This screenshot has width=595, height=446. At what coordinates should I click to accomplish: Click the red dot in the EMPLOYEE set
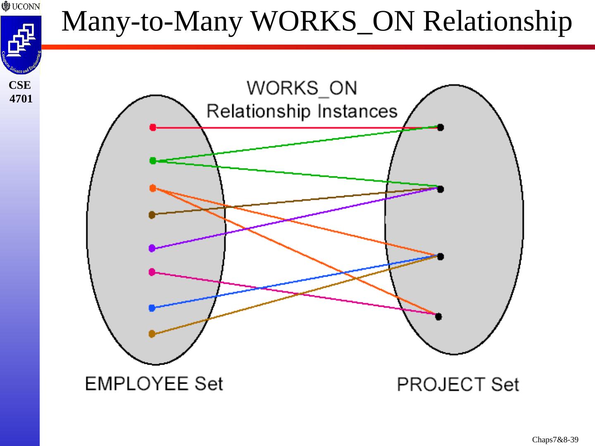153,128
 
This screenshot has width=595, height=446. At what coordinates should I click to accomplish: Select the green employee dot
153,161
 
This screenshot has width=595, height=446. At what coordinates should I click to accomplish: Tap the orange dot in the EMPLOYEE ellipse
152,188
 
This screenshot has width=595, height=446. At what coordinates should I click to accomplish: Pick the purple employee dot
152,248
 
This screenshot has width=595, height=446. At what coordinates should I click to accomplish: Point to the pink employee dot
152,272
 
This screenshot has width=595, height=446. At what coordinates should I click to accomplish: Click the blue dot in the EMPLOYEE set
152,308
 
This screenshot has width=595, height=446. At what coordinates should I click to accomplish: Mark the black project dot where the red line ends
440,128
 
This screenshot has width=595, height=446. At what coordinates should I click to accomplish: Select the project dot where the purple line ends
440,189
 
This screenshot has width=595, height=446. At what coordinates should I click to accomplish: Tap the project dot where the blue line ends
440,256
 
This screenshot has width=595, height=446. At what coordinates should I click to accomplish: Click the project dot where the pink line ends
439,317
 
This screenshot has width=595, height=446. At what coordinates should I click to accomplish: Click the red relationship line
289,128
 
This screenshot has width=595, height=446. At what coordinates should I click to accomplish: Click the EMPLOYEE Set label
154,384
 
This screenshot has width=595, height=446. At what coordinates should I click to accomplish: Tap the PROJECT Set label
458,384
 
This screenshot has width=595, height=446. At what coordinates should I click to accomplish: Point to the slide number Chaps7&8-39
555,439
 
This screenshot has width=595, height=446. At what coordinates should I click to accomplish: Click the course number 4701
21,99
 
